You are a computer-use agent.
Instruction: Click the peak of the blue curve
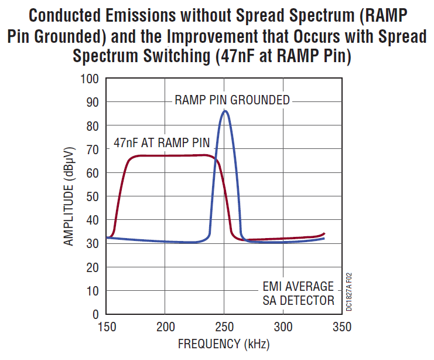click(x=224, y=111)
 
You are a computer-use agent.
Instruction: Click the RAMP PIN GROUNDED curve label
click(x=232, y=100)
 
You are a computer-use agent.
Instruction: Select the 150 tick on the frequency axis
click(x=107, y=327)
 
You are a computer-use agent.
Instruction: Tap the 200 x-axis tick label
click(x=166, y=327)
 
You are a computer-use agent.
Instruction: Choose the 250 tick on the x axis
click(x=224, y=327)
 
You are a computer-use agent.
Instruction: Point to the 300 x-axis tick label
click(x=283, y=327)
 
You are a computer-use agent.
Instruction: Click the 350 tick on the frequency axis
click(x=341, y=327)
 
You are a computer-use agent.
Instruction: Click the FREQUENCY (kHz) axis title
click(x=224, y=344)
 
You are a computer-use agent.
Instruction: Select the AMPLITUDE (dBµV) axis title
click(x=69, y=196)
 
